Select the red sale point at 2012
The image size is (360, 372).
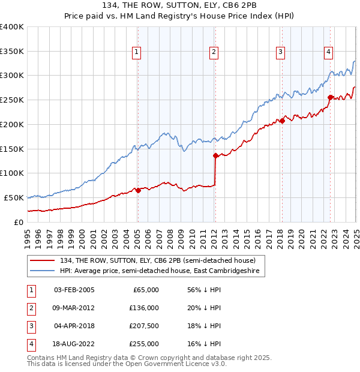tap(215, 155)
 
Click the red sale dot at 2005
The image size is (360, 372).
tap(138, 190)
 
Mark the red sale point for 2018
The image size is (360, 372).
tap(282, 121)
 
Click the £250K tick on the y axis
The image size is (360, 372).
tap(12, 100)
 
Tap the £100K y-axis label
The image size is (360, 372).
tap(12, 173)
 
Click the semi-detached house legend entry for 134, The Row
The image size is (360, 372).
tap(158, 260)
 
